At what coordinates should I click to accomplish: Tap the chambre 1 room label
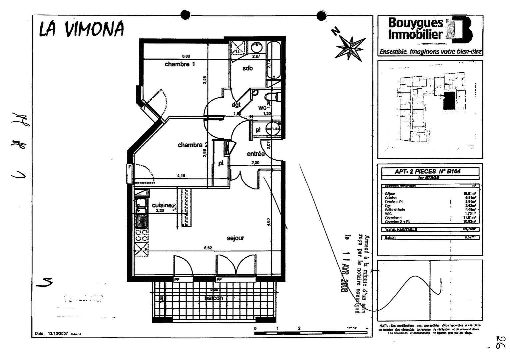tap(180, 64)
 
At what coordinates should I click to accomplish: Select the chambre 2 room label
tap(193, 145)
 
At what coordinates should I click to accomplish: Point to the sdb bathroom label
tap(248, 68)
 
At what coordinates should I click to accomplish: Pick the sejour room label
tap(236, 238)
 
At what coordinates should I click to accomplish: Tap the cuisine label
tap(162, 205)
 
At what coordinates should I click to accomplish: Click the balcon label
tap(214, 298)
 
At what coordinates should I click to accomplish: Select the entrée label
tap(256, 154)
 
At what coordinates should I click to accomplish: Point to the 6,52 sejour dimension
tap(208, 248)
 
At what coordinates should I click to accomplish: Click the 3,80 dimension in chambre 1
tap(186, 56)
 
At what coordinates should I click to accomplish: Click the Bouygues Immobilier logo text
tap(416, 29)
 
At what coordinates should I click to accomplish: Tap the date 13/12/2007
tap(59, 333)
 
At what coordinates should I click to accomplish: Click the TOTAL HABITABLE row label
tap(401, 230)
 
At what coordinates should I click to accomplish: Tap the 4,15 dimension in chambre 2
tap(181, 176)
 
